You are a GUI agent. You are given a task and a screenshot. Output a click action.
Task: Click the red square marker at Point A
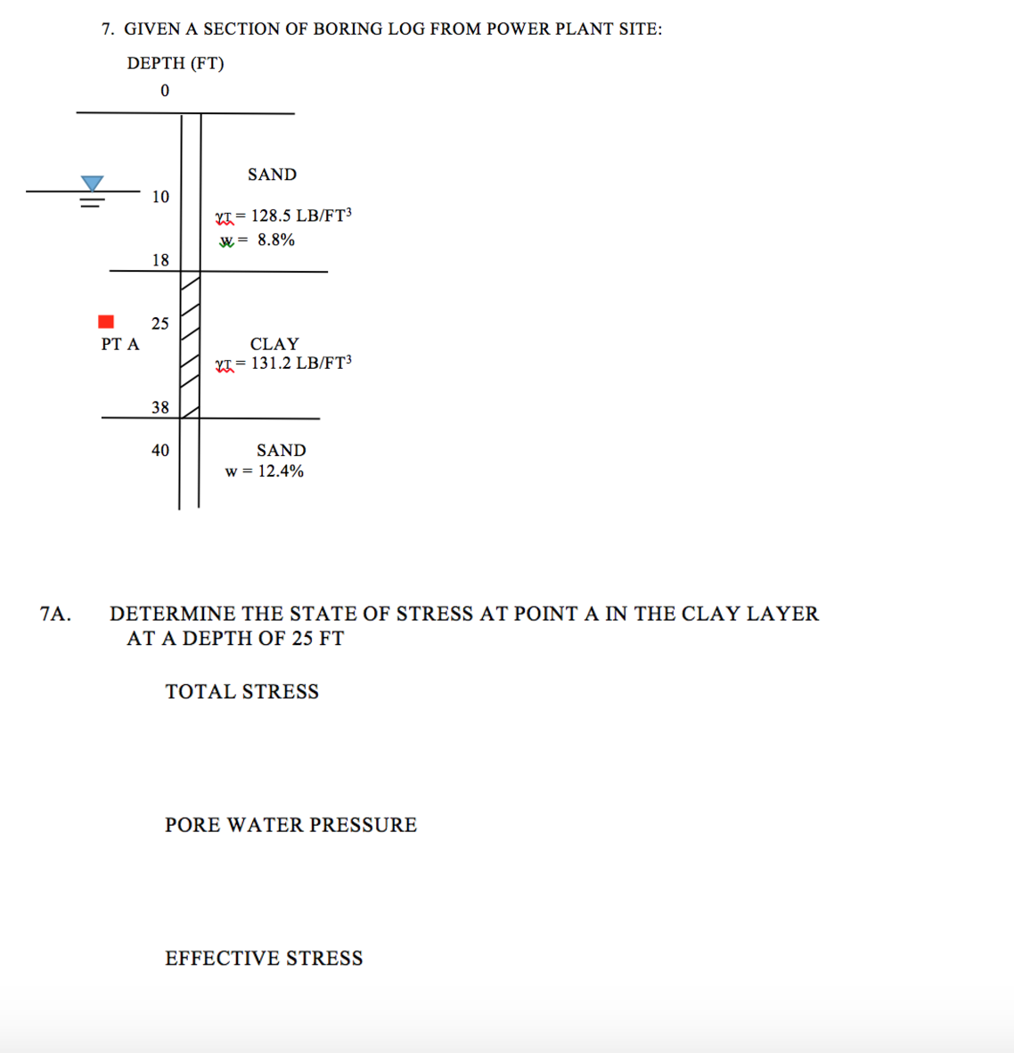click(106, 322)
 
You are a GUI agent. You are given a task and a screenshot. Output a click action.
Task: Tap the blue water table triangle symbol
click(92, 184)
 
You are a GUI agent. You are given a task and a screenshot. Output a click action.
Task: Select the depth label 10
click(160, 197)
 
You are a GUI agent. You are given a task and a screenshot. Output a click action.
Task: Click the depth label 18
click(160, 260)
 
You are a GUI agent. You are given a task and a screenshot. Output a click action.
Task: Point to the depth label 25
click(159, 323)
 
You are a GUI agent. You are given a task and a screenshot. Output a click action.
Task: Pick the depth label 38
click(160, 407)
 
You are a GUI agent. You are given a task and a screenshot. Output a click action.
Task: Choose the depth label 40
click(160, 451)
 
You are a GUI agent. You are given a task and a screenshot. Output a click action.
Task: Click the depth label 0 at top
click(165, 91)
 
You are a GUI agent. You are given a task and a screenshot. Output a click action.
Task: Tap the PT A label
click(120, 344)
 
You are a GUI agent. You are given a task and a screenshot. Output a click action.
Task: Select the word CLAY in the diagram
click(274, 344)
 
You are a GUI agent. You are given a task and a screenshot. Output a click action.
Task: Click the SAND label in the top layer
click(272, 175)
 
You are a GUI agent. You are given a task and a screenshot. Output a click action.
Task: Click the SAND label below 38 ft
click(281, 451)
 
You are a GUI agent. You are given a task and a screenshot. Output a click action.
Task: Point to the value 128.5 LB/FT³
click(301, 216)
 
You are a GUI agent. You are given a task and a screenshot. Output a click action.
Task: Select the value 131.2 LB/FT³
click(301, 363)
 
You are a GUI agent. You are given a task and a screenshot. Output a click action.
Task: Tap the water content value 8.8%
click(276, 240)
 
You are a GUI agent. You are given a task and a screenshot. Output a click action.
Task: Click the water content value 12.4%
click(281, 471)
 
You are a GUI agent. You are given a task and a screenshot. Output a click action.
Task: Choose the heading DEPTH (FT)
click(176, 63)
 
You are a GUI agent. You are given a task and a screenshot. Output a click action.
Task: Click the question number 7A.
click(55, 614)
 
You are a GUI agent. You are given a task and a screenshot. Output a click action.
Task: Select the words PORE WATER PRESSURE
click(290, 825)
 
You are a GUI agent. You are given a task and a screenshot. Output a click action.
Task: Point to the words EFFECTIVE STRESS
click(264, 959)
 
